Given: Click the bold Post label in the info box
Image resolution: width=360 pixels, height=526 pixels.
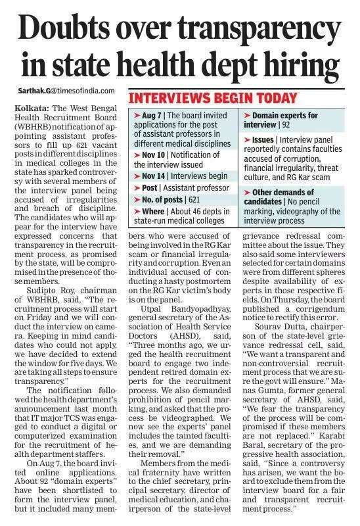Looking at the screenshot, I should [x=148, y=188].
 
